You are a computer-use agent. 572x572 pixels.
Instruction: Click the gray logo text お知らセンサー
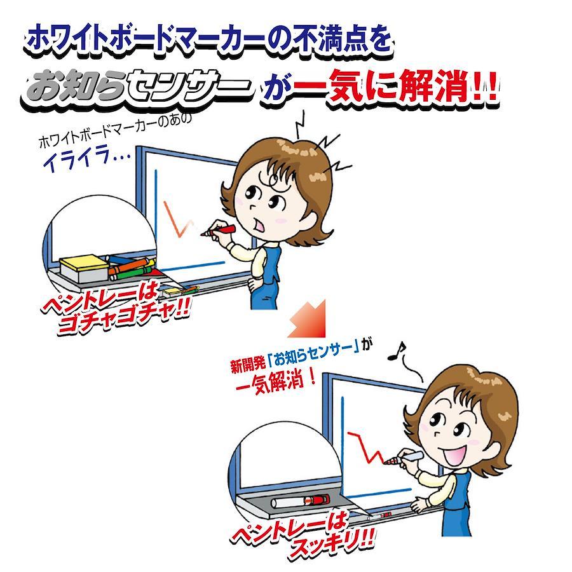click(x=137, y=88)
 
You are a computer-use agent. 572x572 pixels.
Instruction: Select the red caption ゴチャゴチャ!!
click(x=123, y=315)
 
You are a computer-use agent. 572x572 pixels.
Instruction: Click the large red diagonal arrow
click(x=307, y=318)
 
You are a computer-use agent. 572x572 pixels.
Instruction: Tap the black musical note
click(x=396, y=351)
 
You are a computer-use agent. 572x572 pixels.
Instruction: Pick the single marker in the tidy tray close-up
click(x=301, y=501)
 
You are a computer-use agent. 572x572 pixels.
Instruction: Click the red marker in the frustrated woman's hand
click(x=219, y=231)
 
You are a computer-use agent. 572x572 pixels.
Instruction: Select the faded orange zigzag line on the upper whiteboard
click(x=179, y=220)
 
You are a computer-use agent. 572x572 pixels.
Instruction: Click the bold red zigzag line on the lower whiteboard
click(x=366, y=447)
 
